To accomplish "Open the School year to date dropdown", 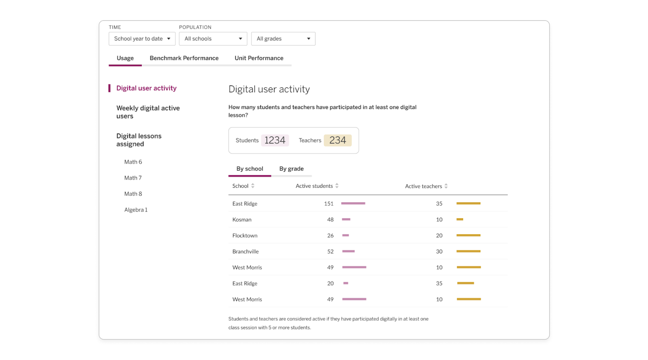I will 142,39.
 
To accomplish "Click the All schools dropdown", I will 213,39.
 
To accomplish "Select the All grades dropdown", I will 283,39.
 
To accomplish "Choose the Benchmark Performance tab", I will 184,58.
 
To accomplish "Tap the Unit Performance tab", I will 259,58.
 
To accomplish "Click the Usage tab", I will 125,58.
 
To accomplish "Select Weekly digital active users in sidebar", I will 148,112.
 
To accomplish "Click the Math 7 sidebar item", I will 133,178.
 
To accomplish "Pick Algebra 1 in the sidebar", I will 136,210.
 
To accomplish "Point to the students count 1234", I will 275,141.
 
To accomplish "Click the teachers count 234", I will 337,141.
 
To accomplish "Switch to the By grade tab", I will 291,169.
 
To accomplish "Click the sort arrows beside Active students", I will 337,186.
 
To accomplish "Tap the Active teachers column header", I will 423,186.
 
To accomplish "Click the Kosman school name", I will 242,219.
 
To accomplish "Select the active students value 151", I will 328,204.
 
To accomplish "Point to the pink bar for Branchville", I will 348,251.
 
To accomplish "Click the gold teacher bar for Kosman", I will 460,219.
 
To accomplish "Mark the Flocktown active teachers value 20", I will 439,236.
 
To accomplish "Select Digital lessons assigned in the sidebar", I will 139,140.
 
